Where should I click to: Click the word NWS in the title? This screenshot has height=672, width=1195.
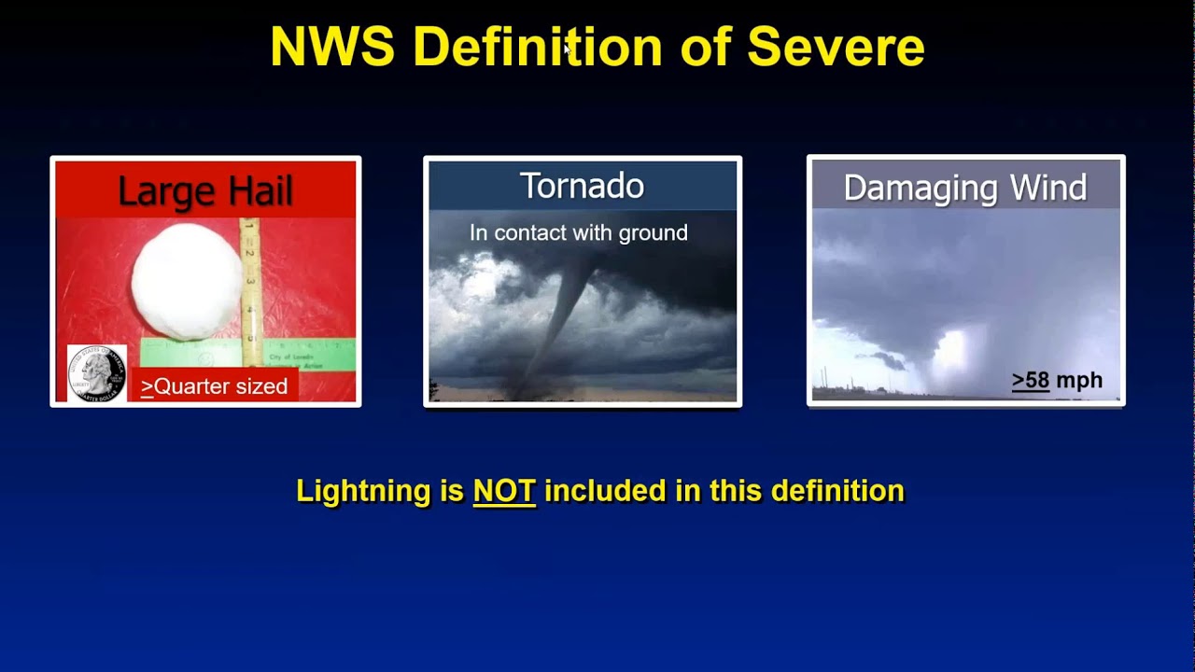click(x=332, y=47)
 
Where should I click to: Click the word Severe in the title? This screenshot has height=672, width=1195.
click(x=836, y=47)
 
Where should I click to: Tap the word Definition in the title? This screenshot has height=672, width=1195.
click(x=537, y=47)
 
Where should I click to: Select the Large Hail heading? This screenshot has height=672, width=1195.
click(x=205, y=191)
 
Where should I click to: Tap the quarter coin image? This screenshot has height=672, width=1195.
click(x=96, y=373)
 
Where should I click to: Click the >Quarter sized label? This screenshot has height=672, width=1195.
click(x=215, y=386)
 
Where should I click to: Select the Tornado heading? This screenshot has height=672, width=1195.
click(x=582, y=186)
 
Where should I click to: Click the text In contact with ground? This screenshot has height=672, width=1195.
click(x=578, y=233)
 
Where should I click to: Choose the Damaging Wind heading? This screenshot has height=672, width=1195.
click(x=964, y=188)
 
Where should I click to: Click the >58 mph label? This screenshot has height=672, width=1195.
click(x=1057, y=381)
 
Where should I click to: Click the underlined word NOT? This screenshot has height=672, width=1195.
click(x=504, y=491)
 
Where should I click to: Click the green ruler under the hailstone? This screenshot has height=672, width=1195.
click(x=191, y=353)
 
